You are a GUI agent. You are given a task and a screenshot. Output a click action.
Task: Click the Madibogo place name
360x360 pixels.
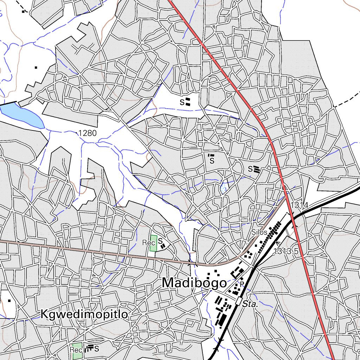coord(194,283)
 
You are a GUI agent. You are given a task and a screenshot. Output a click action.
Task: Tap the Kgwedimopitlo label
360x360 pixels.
coord(84,314)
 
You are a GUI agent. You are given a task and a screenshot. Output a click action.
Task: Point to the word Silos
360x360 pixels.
coord(259,232)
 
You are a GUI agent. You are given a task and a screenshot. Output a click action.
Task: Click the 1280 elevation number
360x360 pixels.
coord(88,133)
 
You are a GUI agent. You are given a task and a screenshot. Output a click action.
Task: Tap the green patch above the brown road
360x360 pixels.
coord(153,243)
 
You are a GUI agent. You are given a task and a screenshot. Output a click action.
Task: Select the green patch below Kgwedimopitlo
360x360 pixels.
coord(77,351)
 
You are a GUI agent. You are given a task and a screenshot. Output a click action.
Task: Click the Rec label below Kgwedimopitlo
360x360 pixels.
coord(76,350)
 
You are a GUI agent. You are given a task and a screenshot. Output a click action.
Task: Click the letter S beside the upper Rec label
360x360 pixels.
coord(160,241)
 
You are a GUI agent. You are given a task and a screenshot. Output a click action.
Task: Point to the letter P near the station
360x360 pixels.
coord(242,284)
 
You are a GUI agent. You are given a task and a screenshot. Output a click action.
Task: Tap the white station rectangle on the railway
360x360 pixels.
coord(239,301)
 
